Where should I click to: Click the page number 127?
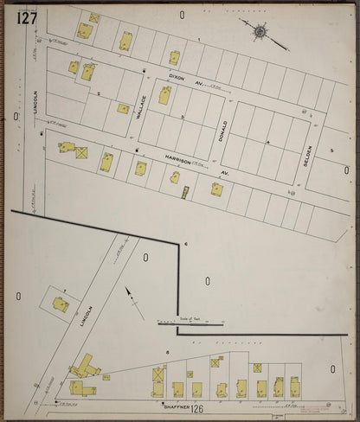[x=25, y=17]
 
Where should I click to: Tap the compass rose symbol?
[x=260, y=32]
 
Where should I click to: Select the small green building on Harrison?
[x=185, y=194]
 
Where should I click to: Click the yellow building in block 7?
[x=61, y=304]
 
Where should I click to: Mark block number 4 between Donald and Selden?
[x=268, y=141]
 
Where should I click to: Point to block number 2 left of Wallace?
[x=100, y=93]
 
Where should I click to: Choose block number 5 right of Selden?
[x=331, y=150]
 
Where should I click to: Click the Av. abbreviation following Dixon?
[x=199, y=84]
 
